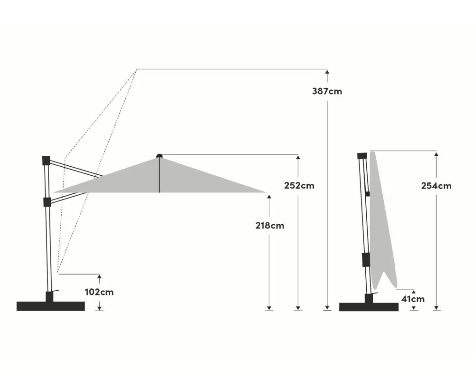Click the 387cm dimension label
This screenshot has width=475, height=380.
tap(327, 91)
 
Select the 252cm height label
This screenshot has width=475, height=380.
tap(299, 185)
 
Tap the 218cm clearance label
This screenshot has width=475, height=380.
tap(270, 226)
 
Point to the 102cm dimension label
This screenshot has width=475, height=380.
tap(99, 292)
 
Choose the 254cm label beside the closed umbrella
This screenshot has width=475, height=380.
tap(436, 186)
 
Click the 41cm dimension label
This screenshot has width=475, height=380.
tap(413, 299)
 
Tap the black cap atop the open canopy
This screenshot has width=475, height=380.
tap(159, 156)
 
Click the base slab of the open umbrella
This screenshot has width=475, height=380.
tap(51, 306)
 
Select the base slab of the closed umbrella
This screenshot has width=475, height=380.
tap(369, 307)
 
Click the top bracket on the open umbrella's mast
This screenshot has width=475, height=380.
tap(46, 160)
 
